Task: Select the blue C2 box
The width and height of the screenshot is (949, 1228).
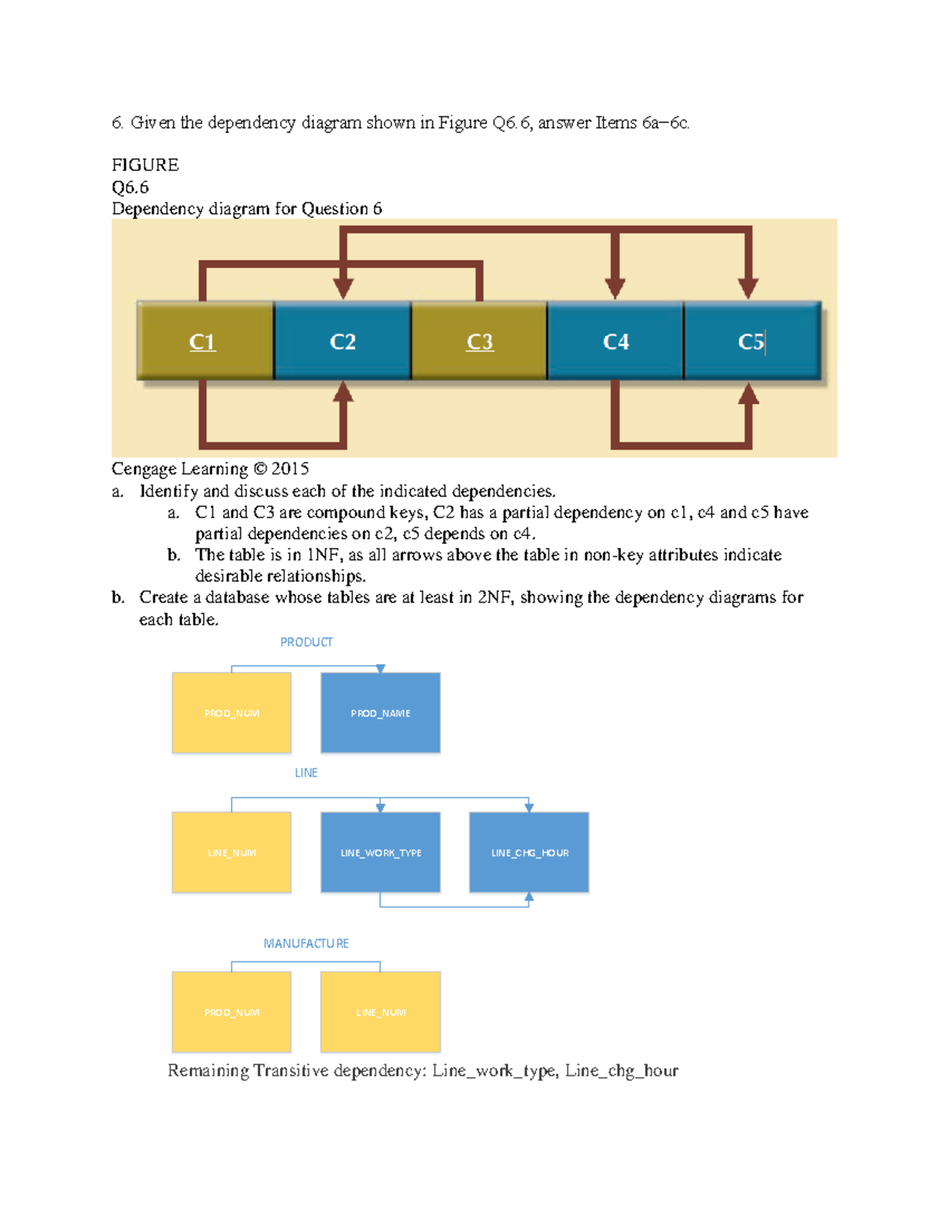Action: pos(342,341)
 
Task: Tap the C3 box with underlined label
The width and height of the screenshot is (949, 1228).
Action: pos(479,341)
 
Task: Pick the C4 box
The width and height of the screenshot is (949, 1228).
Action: pos(615,341)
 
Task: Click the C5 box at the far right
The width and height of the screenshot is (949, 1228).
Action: pos(751,341)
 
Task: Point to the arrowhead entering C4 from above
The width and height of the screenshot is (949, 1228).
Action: pos(615,289)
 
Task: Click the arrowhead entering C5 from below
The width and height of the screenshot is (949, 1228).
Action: pos(748,394)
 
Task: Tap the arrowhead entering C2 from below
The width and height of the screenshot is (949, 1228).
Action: pos(342,393)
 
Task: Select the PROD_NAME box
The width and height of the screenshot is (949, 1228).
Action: pos(380,712)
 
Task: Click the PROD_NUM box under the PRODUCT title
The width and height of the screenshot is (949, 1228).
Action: pos(232,712)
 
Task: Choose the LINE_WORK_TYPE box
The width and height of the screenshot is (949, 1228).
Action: pos(380,852)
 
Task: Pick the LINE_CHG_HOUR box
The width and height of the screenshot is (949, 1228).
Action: pos(529,852)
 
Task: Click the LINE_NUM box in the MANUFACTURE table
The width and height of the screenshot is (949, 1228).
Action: pos(380,1012)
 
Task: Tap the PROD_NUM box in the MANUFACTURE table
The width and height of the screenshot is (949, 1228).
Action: pos(232,1012)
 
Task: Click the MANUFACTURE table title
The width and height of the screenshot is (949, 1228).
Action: pos(306,943)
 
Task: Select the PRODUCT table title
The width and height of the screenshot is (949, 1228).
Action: pos(306,642)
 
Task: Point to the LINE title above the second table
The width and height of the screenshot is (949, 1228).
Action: pos(306,773)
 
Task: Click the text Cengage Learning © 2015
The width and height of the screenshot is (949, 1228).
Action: pos(210,469)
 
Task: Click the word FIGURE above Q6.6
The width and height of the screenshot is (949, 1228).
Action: pos(146,165)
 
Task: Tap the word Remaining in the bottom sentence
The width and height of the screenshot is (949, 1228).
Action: pos(208,1071)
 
